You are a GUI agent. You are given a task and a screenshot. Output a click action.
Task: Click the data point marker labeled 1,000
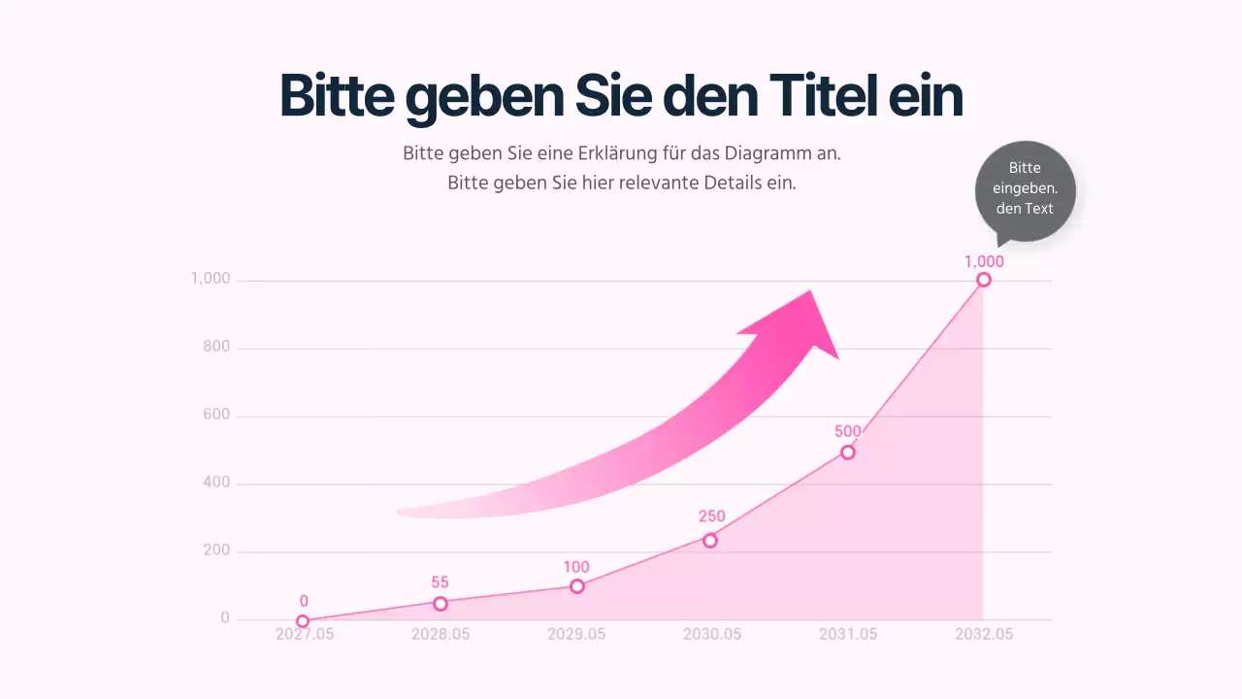point(983,280)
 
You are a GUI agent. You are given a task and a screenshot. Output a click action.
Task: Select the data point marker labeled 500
point(848,452)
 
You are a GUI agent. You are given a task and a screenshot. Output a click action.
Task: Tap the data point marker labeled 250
point(710,541)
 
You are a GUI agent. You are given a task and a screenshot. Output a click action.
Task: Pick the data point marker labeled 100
point(577,586)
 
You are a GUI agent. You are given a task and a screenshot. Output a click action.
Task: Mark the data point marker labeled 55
point(441,604)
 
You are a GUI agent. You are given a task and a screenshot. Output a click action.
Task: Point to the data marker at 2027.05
point(303,621)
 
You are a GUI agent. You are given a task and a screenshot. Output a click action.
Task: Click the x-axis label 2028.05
point(441,634)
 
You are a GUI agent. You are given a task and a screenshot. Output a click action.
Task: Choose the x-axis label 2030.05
point(712,634)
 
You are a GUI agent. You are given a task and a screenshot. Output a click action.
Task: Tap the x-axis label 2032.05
point(984,634)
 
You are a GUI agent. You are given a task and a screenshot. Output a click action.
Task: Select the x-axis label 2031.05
point(848,634)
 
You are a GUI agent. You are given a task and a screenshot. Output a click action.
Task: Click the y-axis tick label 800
point(217,348)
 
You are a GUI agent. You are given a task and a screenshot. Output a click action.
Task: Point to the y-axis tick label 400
point(217,483)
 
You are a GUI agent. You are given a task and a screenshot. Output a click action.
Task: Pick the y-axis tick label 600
point(217,416)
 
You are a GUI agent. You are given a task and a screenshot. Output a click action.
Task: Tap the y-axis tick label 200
point(217,550)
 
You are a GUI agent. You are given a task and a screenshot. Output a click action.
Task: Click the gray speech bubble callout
point(1025,190)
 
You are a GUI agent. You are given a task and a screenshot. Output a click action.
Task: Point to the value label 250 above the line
point(711,516)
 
